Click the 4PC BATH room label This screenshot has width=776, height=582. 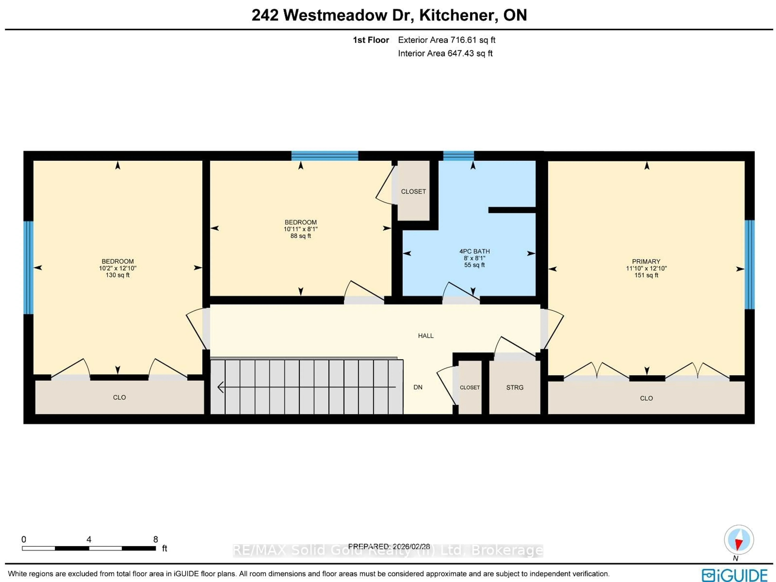[x=474, y=251]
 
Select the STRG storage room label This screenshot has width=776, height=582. [x=515, y=387]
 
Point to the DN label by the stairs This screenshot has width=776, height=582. [x=418, y=387]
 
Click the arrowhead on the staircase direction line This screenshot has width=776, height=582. [x=220, y=387]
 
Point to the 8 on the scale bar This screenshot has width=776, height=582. [x=155, y=539]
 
